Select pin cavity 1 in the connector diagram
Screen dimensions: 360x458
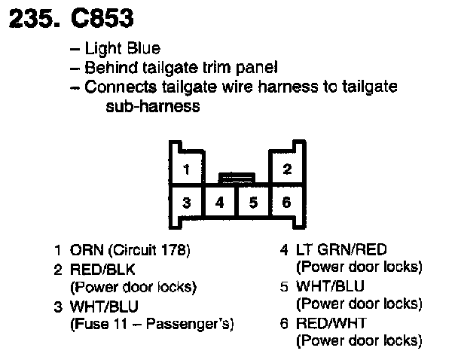point(185,169)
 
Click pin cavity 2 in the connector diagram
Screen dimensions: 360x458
point(286,169)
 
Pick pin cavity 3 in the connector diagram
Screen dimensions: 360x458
point(185,202)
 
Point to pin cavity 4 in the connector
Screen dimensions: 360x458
point(219,202)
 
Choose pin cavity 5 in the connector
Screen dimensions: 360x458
point(253,202)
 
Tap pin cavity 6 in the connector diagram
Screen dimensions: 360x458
point(286,202)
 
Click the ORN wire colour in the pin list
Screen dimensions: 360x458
point(84,250)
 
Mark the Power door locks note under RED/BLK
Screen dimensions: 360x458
point(133,287)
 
